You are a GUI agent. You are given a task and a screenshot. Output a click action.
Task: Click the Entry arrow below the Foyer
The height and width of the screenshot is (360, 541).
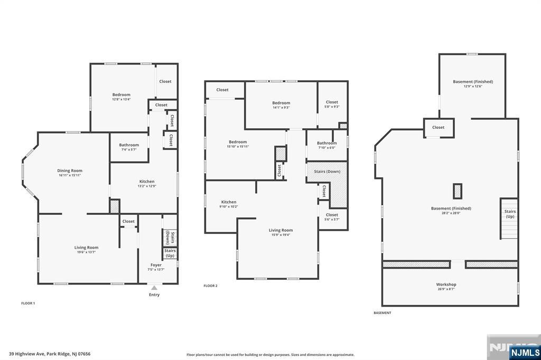click(x=154, y=288)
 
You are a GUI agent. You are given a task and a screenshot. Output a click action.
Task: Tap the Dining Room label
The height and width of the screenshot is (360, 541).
click(x=70, y=170)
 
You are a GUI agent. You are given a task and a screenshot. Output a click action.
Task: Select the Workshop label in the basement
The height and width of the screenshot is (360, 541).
click(x=446, y=285)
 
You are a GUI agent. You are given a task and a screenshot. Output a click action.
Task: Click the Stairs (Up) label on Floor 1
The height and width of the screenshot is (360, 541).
click(x=170, y=253)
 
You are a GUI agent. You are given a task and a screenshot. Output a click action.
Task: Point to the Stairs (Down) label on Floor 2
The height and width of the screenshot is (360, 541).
click(x=327, y=172)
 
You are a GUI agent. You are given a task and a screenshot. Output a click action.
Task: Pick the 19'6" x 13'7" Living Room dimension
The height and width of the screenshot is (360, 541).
click(x=86, y=252)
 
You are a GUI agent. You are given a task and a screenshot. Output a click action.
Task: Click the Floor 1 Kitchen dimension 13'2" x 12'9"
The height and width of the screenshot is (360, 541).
click(x=147, y=186)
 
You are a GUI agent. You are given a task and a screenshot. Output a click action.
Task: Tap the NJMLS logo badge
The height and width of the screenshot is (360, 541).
click(x=525, y=353)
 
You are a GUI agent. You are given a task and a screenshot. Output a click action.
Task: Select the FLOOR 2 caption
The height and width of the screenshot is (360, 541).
click(x=210, y=286)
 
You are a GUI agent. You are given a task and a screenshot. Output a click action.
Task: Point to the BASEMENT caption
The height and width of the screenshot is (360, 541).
click(x=383, y=313)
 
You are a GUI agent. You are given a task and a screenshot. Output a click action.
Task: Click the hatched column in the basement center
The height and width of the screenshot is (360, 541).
click(x=458, y=191)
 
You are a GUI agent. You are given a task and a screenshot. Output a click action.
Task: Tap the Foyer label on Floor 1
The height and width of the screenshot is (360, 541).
click(x=156, y=265)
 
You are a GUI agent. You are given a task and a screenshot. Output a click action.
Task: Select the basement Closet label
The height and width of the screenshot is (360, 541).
click(x=438, y=127)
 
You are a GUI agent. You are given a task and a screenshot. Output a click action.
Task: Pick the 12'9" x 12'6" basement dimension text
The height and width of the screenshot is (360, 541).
click(x=473, y=86)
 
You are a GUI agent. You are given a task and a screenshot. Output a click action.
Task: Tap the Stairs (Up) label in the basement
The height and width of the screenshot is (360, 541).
click(x=510, y=214)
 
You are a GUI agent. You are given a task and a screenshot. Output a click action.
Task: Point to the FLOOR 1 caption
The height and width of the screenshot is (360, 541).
click(x=29, y=303)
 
